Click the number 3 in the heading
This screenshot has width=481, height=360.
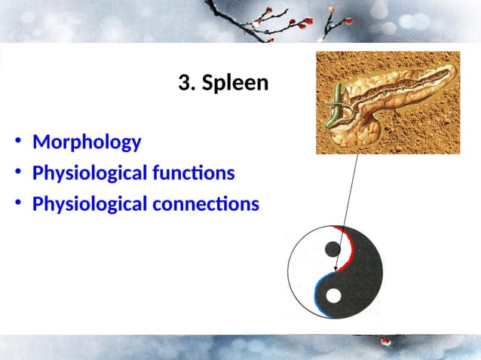tap(185, 83)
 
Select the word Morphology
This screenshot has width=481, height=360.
tap(87, 142)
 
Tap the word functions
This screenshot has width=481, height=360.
tap(195, 173)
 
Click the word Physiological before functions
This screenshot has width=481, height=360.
tap(90, 173)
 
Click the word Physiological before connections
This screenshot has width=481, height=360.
tap(90, 204)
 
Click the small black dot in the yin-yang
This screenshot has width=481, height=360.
tap(331, 249)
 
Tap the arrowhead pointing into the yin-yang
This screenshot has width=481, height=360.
tap(336, 267)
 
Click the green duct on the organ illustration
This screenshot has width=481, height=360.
tap(333, 105)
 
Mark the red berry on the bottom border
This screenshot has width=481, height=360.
tap(385, 340)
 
